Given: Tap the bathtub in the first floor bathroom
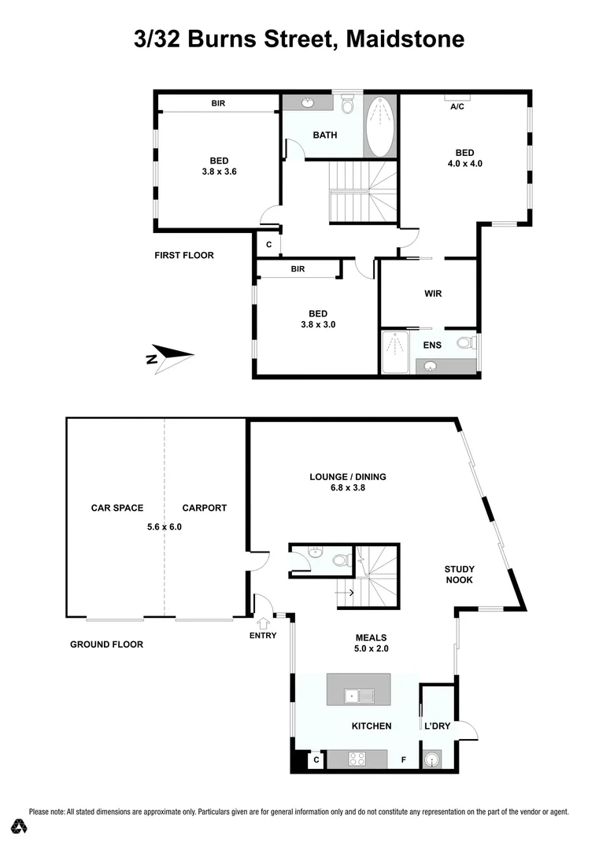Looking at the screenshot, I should click(x=380, y=126).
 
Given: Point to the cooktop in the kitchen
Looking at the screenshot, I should click(x=357, y=759).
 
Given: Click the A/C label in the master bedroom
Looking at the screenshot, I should click(x=457, y=106).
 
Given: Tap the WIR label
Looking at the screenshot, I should click(x=433, y=294).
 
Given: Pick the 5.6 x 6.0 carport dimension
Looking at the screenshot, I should click(x=165, y=527).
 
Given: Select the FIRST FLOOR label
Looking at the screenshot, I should click(x=184, y=255).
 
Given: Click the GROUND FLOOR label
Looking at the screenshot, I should click(x=107, y=644).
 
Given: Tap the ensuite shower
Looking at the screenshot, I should click(x=395, y=351).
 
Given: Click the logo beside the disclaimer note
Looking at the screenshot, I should click(x=20, y=826).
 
